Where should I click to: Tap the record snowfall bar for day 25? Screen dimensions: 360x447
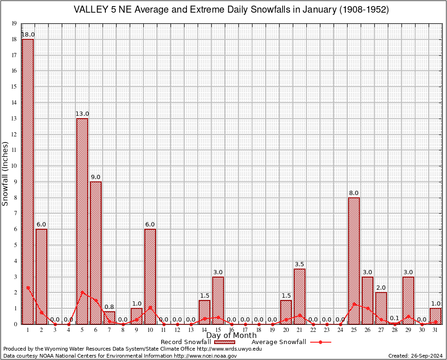tap(354, 261)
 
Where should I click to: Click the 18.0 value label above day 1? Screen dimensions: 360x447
tap(28, 35)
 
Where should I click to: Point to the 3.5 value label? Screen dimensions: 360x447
tap(299, 264)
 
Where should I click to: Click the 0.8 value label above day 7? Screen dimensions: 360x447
tap(109, 307)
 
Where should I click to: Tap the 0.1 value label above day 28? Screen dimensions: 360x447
tap(395, 318)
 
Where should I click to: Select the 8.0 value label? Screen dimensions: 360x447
tap(354, 193)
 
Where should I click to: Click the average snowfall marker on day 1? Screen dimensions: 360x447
tap(28, 287)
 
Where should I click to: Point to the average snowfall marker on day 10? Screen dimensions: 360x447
tap(150, 307)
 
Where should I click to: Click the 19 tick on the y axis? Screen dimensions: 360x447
tap(14, 23)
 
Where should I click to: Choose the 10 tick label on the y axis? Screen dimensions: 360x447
tap(14, 166)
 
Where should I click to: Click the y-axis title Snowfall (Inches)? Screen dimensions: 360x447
tap(6, 173)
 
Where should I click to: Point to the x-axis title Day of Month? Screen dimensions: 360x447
tap(231, 336)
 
